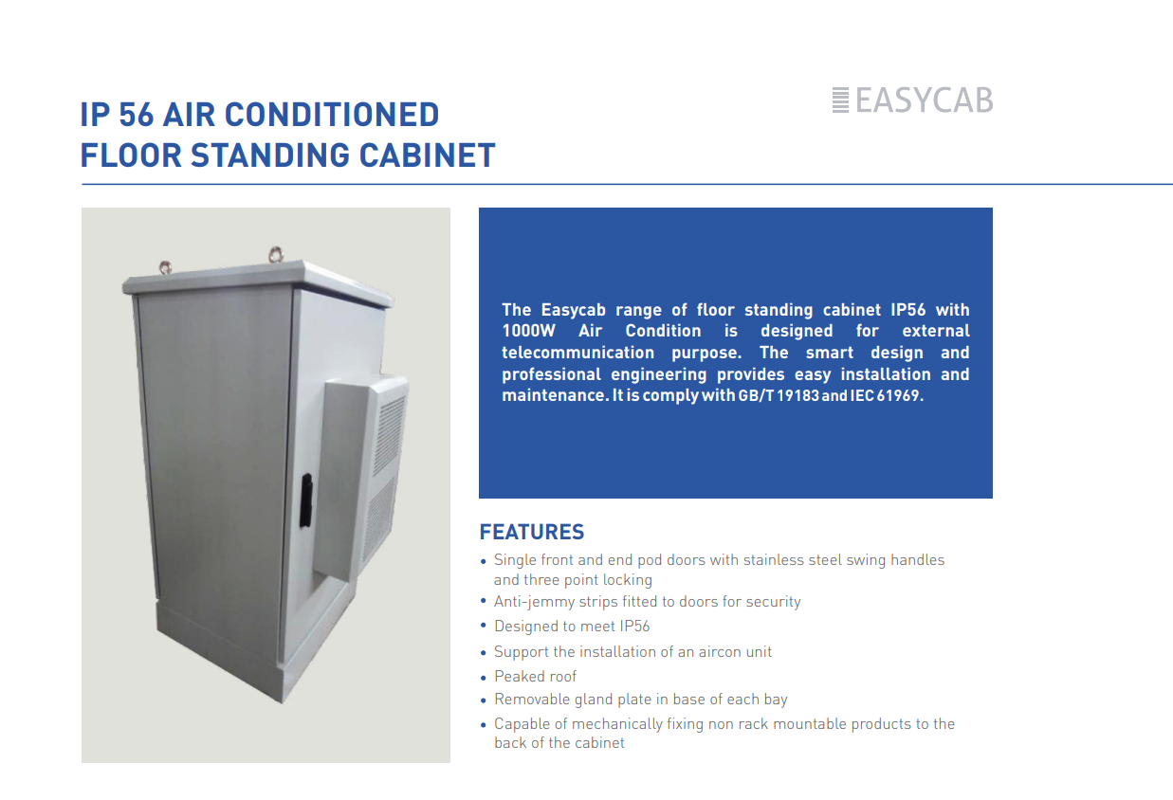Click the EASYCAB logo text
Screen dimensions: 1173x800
point(925,100)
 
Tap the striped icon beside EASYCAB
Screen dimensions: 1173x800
point(840,100)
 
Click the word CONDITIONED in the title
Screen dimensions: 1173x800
point(332,115)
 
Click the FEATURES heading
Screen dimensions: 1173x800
point(532,532)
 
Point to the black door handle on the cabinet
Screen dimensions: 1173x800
point(306,500)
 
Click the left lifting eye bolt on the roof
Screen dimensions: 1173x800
point(166,267)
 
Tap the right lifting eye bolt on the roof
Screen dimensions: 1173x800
point(276,255)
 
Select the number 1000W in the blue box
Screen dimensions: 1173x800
point(528,331)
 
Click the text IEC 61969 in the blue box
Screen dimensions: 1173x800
point(886,395)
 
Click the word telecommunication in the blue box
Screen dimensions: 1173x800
point(578,353)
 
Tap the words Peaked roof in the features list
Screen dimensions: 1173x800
point(535,677)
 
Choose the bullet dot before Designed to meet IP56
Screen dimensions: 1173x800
point(484,627)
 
